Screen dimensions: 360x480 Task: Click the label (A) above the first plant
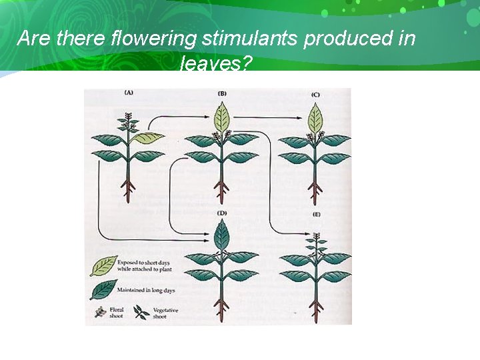pos(129,93)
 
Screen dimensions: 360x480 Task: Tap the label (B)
pos(222,93)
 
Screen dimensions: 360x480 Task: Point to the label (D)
pos(222,213)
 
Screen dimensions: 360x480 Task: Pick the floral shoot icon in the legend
pos(99,311)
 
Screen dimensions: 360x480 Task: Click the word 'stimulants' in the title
pos(249,39)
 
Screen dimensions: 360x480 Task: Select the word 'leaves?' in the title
pos(215,64)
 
